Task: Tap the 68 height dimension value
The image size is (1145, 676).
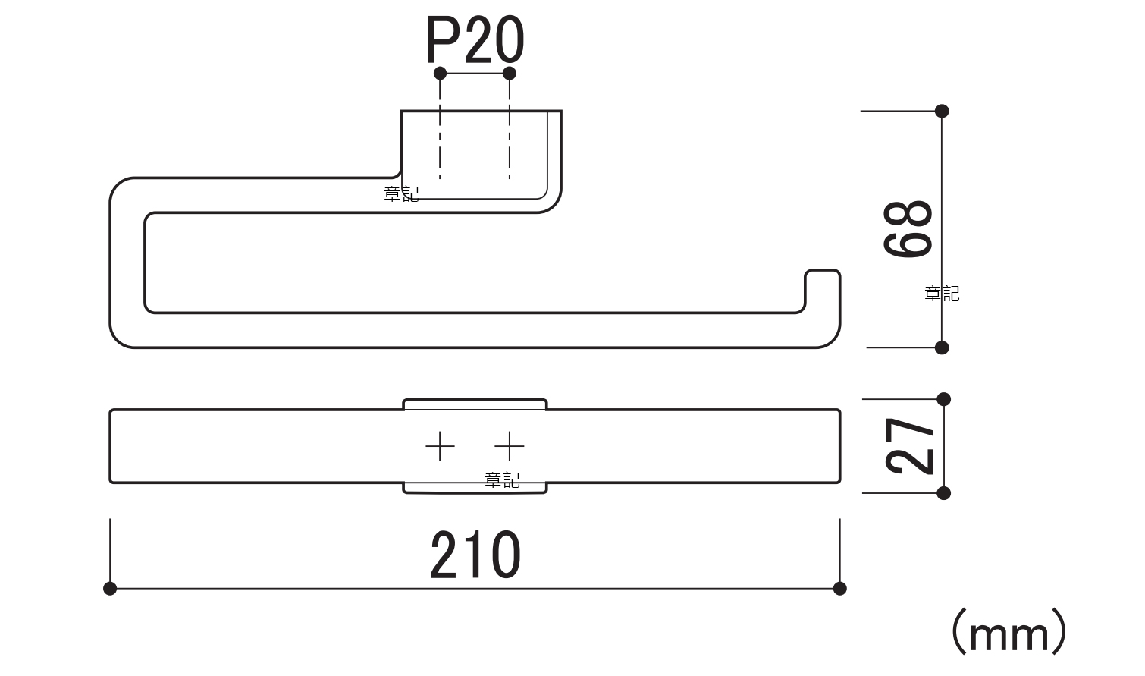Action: point(908,229)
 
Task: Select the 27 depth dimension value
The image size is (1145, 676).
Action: point(910,446)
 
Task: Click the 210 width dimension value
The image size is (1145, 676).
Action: point(475,556)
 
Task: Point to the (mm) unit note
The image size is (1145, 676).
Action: point(1009,632)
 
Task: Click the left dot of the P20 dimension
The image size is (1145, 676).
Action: point(440,73)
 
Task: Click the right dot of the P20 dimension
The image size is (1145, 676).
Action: point(510,73)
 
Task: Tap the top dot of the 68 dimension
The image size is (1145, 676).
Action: point(942,111)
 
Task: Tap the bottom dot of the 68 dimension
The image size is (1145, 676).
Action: point(942,347)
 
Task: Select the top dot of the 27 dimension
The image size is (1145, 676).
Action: point(943,399)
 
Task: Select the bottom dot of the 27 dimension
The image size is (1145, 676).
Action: point(943,493)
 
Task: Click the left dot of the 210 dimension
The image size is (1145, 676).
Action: point(110,588)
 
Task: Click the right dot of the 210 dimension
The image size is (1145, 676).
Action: point(839,588)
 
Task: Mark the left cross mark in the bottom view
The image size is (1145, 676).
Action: point(440,446)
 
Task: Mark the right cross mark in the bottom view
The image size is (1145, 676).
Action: point(510,446)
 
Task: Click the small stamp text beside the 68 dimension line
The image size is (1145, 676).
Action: point(942,294)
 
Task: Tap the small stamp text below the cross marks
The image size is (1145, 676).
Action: point(502,479)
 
